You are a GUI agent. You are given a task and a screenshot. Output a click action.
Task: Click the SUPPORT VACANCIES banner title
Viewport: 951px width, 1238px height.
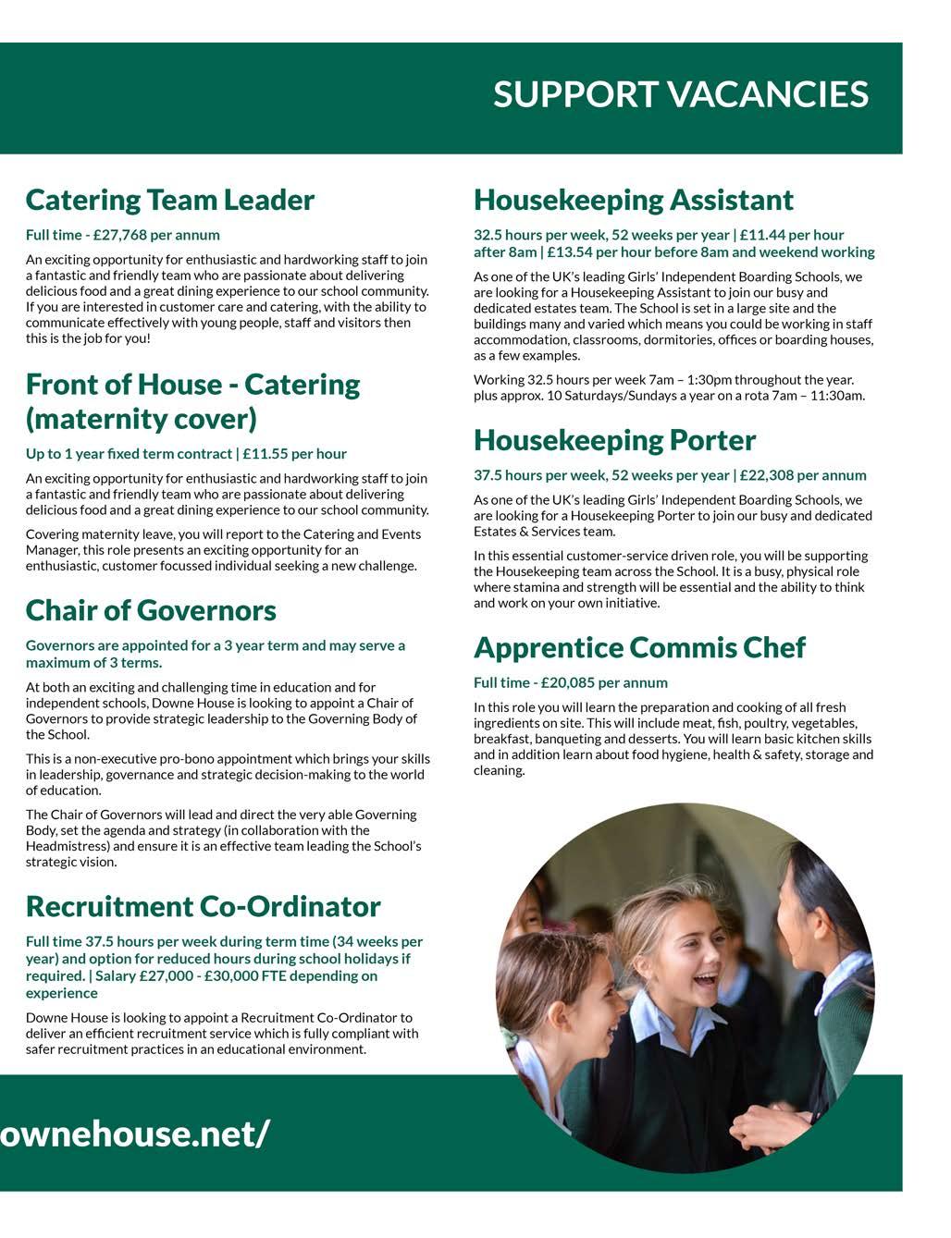(680, 94)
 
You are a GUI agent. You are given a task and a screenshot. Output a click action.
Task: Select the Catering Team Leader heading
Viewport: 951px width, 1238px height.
(170, 200)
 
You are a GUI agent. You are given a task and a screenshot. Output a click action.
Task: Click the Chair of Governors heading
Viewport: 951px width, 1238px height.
(151, 610)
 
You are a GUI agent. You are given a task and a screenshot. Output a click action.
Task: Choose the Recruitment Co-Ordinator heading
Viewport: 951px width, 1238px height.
(203, 906)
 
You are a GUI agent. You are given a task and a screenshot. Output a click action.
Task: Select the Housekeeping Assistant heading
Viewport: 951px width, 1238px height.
(634, 200)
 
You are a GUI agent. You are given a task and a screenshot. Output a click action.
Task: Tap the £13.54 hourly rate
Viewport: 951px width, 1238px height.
(571, 251)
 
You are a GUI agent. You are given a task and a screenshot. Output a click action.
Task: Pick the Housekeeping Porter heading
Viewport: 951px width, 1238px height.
(614, 440)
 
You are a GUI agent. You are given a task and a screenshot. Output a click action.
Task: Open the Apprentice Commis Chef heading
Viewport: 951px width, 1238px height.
(639, 647)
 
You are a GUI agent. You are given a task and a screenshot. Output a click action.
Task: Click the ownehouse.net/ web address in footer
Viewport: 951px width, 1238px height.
(135, 1133)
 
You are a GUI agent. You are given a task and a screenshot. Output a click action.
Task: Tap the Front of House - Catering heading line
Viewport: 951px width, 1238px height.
(192, 384)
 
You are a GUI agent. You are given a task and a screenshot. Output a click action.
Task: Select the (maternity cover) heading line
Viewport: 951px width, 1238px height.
(141, 419)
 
